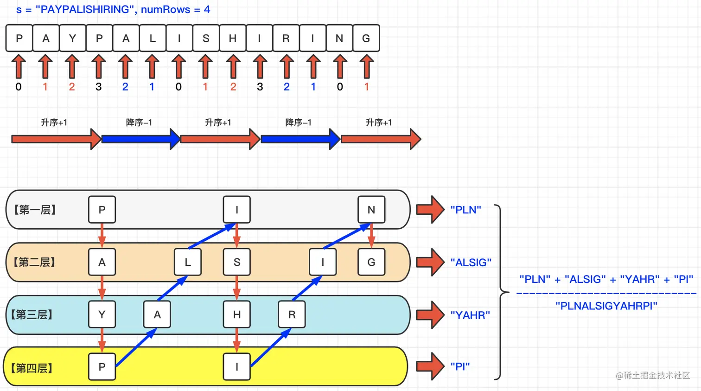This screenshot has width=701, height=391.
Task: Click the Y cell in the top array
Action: [x=73, y=38]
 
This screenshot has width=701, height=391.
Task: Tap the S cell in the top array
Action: [x=206, y=38]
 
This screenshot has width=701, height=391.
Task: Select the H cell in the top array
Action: [x=233, y=38]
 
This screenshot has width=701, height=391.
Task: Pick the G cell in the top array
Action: [x=366, y=38]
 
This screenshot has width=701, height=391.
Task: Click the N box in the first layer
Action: [x=371, y=210]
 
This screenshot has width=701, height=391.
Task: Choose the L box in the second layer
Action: [x=188, y=262]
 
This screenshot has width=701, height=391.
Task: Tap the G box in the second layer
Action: [x=371, y=262]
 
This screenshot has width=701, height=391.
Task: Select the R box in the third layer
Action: [x=292, y=314]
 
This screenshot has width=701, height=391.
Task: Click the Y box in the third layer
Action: [x=102, y=314]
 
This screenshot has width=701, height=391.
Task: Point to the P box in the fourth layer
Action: [x=102, y=366]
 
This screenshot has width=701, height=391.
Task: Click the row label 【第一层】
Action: [x=35, y=210]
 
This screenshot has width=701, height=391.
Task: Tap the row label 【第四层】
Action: [x=32, y=368]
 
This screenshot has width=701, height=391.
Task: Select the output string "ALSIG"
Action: [x=471, y=263]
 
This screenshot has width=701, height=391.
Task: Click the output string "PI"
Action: [x=460, y=366]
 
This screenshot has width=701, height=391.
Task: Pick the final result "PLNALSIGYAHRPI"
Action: [x=606, y=306]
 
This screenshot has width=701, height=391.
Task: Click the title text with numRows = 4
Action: [x=113, y=9]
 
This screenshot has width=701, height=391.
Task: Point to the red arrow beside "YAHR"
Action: [x=430, y=315]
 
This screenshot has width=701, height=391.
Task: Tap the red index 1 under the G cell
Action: [x=366, y=87]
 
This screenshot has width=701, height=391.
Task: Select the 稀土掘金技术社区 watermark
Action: [x=653, y=375]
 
